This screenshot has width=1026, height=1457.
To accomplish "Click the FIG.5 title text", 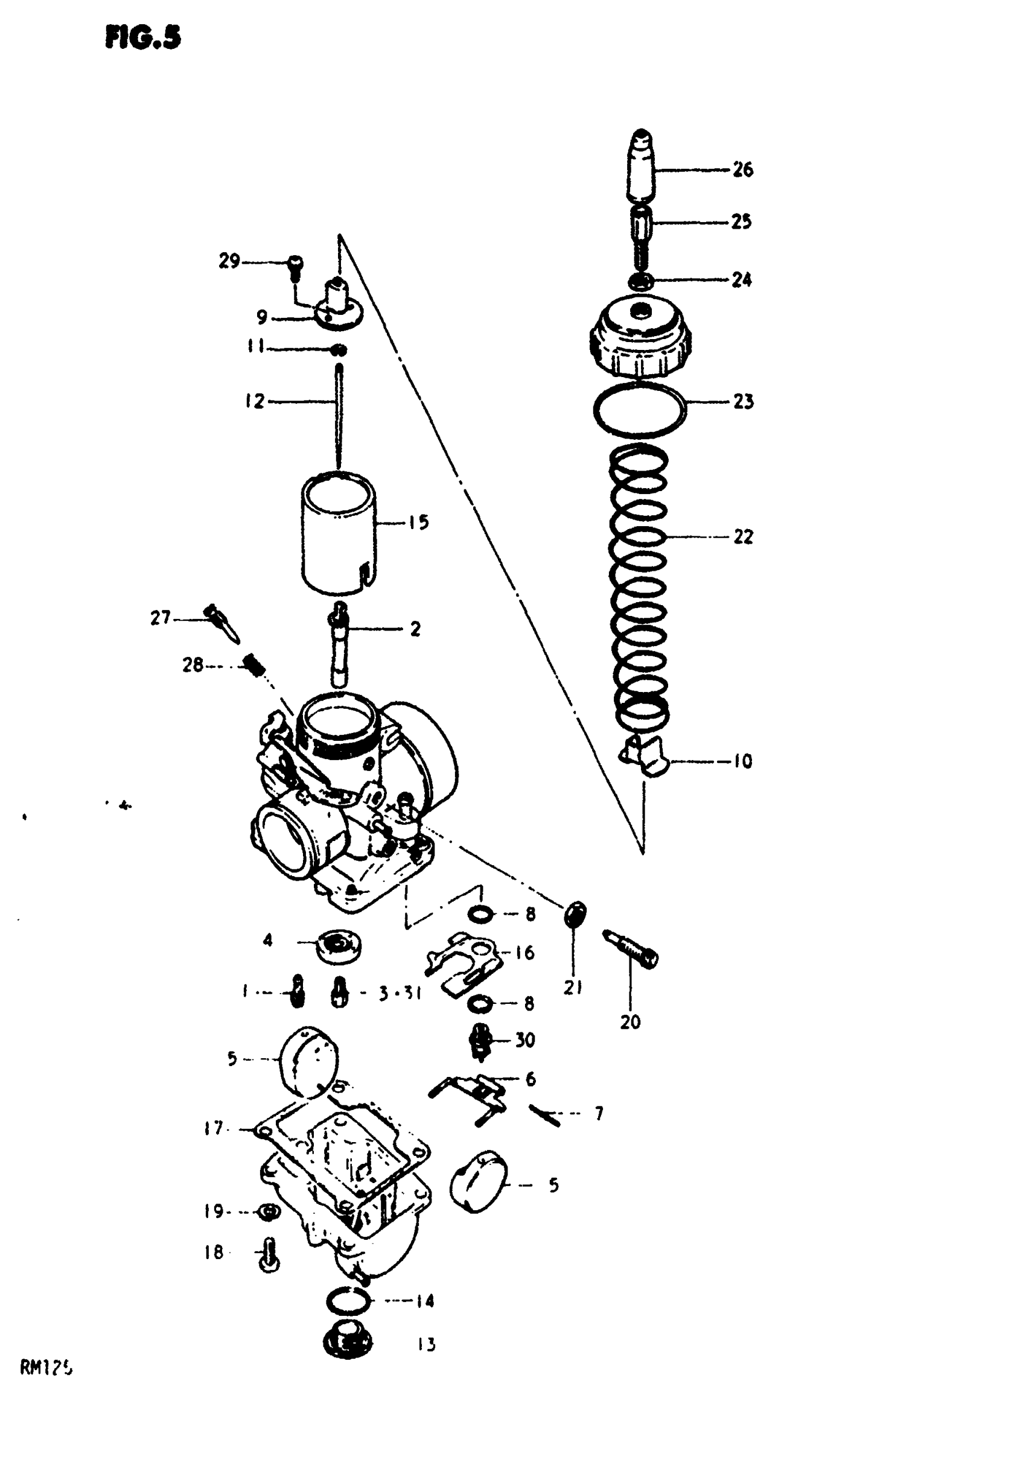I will pos(143,38).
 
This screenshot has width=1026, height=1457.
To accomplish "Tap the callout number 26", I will pos(742,170).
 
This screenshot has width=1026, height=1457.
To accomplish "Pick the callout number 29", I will pos(229,261).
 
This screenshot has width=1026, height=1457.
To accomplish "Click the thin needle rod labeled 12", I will pos(339,416).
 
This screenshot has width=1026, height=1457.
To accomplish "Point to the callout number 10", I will pos(742,761).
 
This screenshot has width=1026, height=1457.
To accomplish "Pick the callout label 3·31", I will pos(400,994).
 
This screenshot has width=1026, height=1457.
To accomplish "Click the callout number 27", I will pos(160,617).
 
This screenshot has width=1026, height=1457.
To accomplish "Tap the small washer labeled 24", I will pos(640,280).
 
